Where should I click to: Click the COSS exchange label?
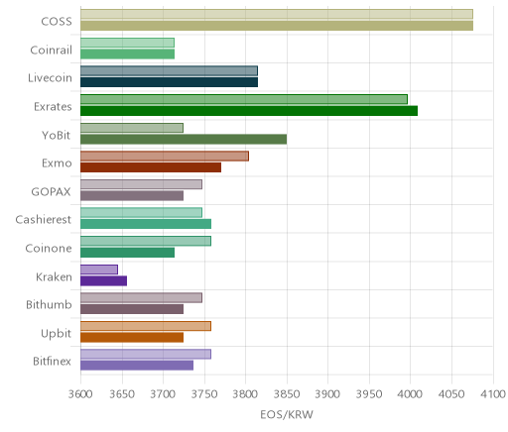[x=57, y=22]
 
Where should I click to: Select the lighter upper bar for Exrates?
[x=244, y=99]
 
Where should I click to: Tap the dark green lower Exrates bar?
[x=249, y=111]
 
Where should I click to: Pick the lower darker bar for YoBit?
[x=184, y=140]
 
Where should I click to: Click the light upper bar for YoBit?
[x=132, y=128]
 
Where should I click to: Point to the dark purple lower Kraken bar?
[x=103, y=281]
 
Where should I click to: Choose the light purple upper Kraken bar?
[x=99, y=270]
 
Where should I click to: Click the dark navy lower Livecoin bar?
[x=169, y=82]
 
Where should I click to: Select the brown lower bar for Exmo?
[x=151, y=167]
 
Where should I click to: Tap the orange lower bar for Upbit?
[x=132, y=338]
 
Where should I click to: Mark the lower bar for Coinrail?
[x=127, y=54]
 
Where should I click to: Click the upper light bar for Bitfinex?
[x=146, y=354]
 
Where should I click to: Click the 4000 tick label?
[x=410, y=394]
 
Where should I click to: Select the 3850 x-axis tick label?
[x=287, y=394]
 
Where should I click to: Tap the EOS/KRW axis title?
[x=287, y=414]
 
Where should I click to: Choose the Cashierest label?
[x=44, y=220]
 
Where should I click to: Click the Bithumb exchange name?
[x=49, y=304]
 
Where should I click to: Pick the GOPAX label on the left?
[x=51, y=192]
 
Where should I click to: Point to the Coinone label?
[x=49, y=249]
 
